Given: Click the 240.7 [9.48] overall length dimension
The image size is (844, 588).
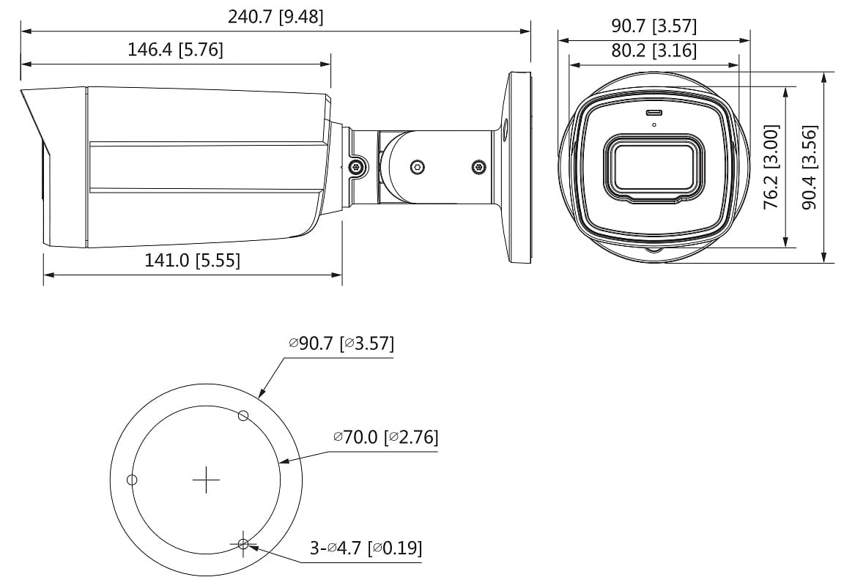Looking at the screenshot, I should click(275, 17).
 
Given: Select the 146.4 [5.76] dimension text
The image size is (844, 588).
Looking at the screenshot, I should click(175, 50).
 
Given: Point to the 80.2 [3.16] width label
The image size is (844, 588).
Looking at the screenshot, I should click(654, 51).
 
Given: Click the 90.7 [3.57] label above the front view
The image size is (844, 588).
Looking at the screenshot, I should click(654, 26).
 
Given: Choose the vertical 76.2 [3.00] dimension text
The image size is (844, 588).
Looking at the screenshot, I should click(771, 167).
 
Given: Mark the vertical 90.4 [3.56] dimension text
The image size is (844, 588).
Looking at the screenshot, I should click(809, 167).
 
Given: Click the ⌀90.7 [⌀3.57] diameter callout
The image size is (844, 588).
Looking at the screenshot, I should click(341, 343).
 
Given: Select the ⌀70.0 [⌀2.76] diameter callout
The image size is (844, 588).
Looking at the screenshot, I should click(385, 437).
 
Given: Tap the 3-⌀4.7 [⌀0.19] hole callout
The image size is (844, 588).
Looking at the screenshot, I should click(366, 548).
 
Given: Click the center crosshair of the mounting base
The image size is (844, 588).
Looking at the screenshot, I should click(206, 480).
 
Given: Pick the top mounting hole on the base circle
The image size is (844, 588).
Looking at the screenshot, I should click(244, 416).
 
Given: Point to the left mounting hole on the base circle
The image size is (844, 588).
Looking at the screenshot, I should click(132, 480).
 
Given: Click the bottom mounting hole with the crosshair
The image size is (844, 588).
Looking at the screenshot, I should click(243, 543).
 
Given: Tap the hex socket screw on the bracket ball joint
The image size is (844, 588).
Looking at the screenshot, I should click(417, 166).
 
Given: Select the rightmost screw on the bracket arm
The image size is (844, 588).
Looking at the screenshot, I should click(478, 166).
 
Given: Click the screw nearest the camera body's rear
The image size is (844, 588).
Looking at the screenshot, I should click(357, 167).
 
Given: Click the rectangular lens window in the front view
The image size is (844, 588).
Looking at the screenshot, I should click(653, 167).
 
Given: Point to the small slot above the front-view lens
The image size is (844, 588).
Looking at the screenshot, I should click(653, 113).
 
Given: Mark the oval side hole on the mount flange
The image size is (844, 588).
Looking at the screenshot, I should click(505, 129).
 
